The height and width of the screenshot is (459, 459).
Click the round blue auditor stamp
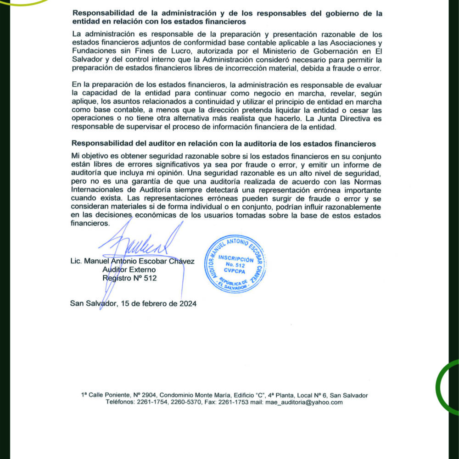coord(235,264)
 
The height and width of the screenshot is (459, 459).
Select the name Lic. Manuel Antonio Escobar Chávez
coord(132,261)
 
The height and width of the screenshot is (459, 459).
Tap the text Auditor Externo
coord(129,270)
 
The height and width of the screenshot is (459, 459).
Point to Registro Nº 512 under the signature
coord(129,278)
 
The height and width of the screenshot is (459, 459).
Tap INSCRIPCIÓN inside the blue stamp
coord(235,258)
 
